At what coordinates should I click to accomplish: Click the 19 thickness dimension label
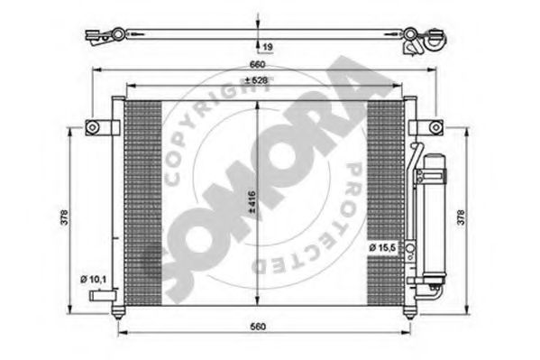(x=268, y=47)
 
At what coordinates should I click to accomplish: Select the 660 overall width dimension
(x=257, y=64)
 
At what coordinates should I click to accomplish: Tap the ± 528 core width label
(x=256, y=80)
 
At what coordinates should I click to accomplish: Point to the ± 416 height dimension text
(x=252, y=201)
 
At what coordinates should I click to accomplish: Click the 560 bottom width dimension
(x=258, y=327)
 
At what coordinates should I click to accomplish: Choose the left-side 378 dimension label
(x=64, y=217)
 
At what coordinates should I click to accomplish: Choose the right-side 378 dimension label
(x=461, y=217)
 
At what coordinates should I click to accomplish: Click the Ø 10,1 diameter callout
(x=93, y=280)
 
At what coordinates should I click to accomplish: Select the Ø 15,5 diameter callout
(x=382, y=247)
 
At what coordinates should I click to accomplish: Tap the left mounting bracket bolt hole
(x=92, y=127)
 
